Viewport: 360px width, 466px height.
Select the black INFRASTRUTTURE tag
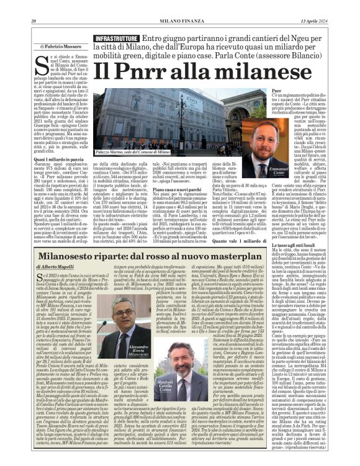tap(116, 39)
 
